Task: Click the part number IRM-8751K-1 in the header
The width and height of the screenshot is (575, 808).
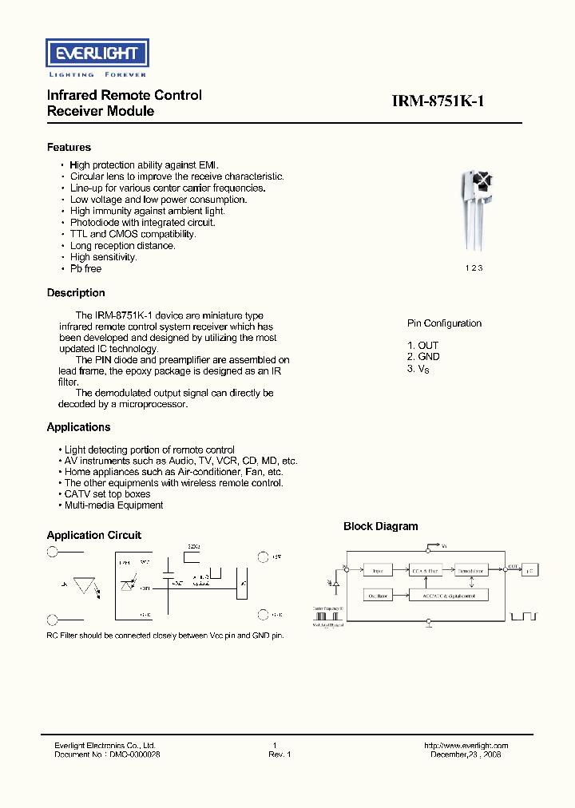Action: [x=438, y=101]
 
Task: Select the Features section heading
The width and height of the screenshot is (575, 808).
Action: [x=69, y=148]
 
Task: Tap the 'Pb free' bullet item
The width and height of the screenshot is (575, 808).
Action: [x=85, y=269]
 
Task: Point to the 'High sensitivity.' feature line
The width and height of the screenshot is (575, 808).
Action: [x=103, y=257]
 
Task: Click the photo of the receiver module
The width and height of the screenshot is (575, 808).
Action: [x=474, y=212]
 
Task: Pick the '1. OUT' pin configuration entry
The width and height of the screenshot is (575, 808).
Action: [x=422, y=346]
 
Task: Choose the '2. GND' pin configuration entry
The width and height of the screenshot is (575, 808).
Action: [x=423, y=357]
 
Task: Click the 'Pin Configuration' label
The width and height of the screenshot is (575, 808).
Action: [x=444, y=323]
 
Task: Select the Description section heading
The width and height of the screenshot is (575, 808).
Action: [x=76, y=293]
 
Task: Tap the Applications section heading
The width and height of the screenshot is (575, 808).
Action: [x=78, y=427]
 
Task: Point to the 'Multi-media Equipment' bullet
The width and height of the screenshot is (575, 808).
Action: [x=113, y=505]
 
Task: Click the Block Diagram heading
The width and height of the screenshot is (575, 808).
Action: [x=380, y=526]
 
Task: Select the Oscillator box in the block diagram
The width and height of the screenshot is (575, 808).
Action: [x=378, y=596]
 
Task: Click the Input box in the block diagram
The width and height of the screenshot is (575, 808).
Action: [x=378, y=570]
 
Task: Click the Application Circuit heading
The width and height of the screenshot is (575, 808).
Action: [x=93, y=535]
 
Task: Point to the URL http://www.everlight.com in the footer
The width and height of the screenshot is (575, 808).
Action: [x=466, y=746]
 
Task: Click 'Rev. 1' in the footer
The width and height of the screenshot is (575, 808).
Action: [x=280, y=755]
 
